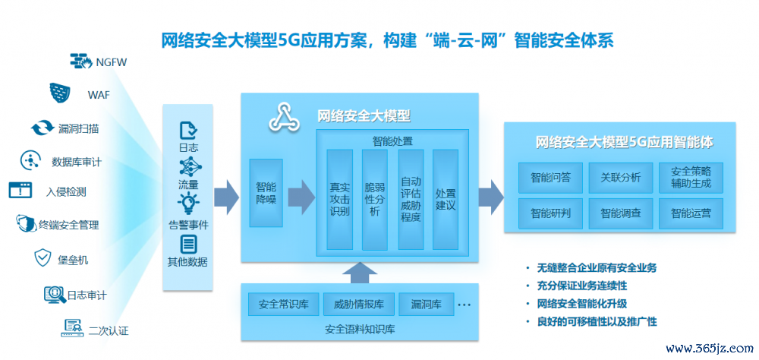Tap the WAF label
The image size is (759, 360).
coord(98,94)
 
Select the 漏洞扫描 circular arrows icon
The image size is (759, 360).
coord(43,128)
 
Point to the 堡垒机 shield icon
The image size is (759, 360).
coord(43,258)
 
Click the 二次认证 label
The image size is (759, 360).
coord(109,331)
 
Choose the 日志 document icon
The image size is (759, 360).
coord(188,131)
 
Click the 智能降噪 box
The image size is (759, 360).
coord(266,193)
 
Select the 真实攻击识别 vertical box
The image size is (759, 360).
coord(340,199)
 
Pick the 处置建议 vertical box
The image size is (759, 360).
coord(446,199)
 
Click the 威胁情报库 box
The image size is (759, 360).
coord(359,305)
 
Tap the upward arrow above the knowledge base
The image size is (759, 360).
coord(359,273)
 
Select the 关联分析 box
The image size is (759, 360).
coord(621,177)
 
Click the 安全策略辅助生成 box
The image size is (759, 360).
coord(691,177)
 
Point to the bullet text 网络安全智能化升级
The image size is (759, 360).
coord(582,304)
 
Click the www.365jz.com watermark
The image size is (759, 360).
coord(709,348)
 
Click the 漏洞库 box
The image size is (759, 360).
coord(427,305)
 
